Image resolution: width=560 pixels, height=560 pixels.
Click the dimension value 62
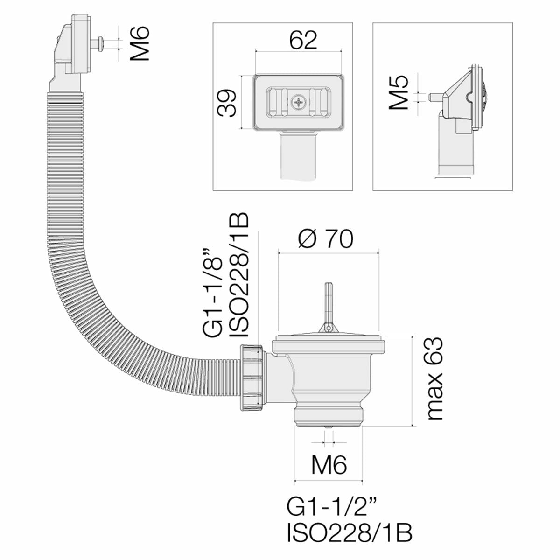coord(302,41)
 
